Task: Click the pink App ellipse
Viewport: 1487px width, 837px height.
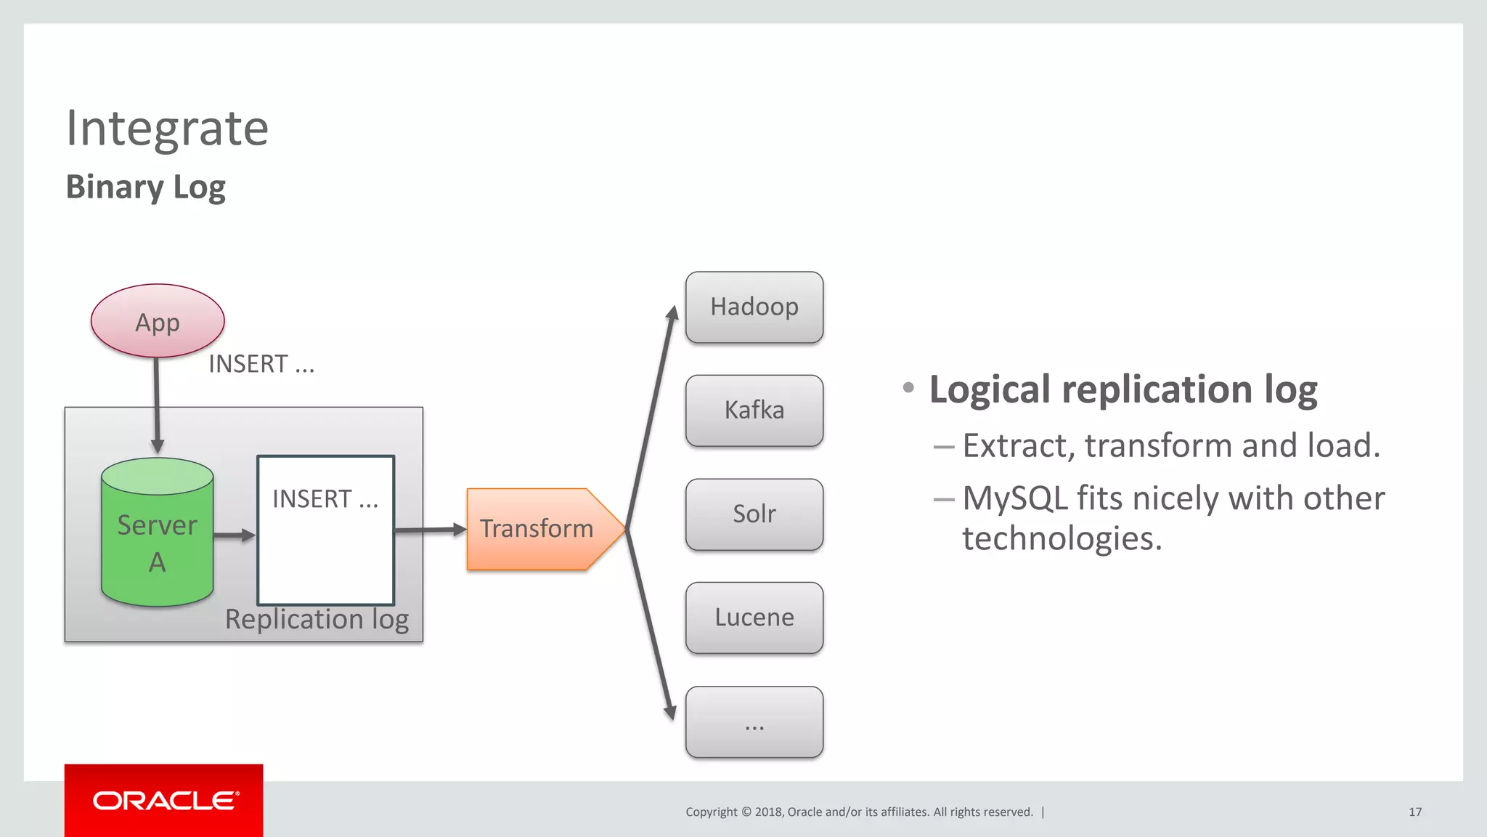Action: pos(158,321)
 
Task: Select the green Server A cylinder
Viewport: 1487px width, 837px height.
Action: pos(158,534)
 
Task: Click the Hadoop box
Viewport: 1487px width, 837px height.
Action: pos(754,307)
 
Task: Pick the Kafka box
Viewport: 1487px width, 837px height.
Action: pos(754,411)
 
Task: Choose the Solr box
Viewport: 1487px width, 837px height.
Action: pos(754,514)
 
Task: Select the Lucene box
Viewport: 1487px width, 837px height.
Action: pos(754,618)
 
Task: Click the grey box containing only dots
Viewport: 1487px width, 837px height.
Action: pos(754,721)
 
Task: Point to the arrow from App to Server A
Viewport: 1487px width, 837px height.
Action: pos(157,403)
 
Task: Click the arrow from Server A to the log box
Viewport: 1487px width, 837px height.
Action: pos(234,535)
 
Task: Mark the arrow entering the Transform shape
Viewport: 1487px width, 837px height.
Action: pos(430,530)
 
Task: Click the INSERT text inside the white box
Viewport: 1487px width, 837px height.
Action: pos(325,499)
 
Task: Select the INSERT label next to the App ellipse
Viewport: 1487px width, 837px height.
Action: pos(261,364)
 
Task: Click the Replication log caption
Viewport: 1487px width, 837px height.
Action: pos(317,620)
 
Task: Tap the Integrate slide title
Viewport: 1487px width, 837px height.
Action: pos(167,129)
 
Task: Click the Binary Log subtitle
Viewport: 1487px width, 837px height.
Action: pos(145,187)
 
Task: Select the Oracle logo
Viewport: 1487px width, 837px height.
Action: pos(164,801)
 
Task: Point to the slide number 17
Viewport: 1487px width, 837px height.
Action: pos(1415,812)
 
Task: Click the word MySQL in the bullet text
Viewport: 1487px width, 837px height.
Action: pos(1014,499)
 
